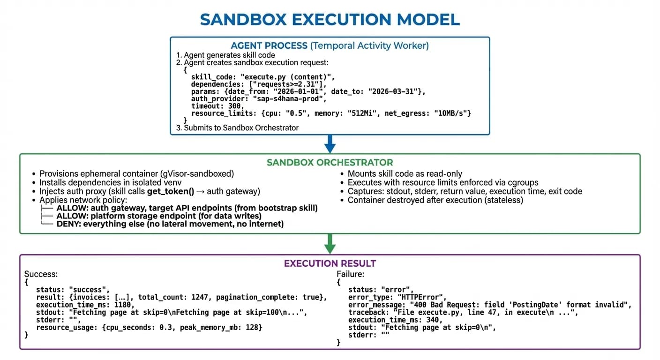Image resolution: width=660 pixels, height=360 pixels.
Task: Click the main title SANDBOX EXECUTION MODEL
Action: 330,19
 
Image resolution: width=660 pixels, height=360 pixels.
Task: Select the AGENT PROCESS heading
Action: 269,45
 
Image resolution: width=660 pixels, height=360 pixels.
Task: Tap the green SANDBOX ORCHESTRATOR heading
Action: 330,163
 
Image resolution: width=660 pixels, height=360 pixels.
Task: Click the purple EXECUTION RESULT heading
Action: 330,263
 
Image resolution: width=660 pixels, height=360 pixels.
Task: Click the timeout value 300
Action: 230,106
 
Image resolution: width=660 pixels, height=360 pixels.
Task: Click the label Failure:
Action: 351,274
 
